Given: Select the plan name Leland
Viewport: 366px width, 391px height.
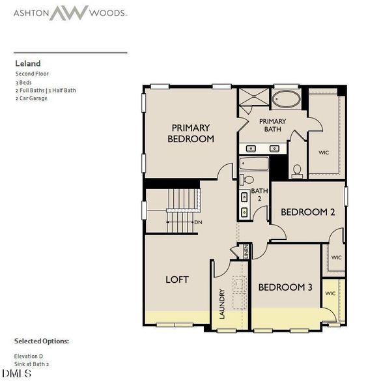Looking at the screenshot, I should tap(28, 63).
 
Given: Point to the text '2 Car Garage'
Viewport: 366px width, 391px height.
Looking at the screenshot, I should tap(31, 98).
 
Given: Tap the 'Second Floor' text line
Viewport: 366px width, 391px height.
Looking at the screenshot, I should tap(32, 74).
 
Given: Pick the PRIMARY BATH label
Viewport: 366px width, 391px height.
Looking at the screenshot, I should tap(272, 125).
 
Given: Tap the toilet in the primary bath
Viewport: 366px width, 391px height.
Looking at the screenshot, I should tap(298, 171).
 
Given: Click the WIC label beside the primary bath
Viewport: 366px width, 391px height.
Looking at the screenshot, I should tap(324, 152).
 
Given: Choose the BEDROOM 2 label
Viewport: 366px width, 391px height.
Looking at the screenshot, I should tap(307, 212).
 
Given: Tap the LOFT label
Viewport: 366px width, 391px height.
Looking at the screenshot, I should tap(176, 279).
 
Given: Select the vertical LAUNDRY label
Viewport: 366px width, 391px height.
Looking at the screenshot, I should tap(222, 304).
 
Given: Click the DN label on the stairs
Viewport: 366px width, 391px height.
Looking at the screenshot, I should tap(198, 222).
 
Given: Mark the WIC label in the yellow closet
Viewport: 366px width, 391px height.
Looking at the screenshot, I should tap(331, 293).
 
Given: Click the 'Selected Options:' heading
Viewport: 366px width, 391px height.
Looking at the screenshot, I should tap(41, 341).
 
